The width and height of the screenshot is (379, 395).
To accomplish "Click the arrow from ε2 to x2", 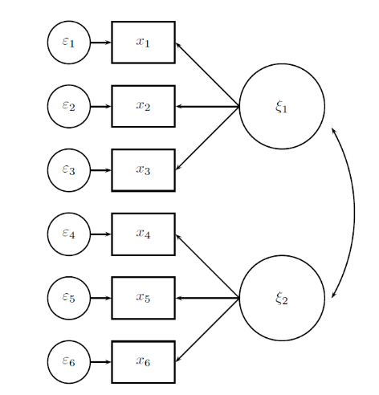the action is (x=100, y=107).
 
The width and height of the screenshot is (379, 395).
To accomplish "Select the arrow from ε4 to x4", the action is (x=100, y=234).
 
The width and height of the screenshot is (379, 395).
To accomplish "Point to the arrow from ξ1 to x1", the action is (x=207, y=75).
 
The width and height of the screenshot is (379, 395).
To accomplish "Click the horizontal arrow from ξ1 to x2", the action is (x=207, y=107).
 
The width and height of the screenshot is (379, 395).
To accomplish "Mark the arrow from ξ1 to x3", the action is (x=207, y=138).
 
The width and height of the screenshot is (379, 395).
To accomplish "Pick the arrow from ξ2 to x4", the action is (x=207, y=267).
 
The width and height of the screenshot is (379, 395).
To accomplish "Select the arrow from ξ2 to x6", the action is (x=207, y=330).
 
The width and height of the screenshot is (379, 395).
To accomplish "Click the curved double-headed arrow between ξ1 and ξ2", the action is (x=355, y=213).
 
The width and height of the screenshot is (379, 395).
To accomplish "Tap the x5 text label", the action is (x=143, y=297).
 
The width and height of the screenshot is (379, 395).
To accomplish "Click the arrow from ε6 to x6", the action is (x=100, y=362).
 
